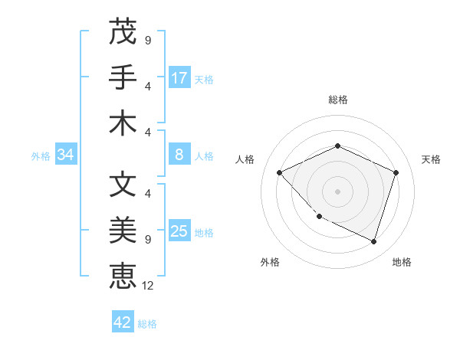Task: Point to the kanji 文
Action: point(123,185)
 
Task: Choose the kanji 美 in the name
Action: point(123,230)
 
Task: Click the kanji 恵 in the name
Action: point(123,275)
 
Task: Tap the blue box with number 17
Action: point(179,78)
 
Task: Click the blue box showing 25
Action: point(179,231)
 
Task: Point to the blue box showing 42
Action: point(123,322)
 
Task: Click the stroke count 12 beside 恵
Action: point(148,286)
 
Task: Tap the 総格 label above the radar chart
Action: point(337,100)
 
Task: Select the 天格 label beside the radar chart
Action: point(431,159)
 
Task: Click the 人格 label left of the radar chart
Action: point(245,159)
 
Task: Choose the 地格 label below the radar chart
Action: point(402,262)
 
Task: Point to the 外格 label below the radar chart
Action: point(270,262)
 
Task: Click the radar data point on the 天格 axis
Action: point(396,172)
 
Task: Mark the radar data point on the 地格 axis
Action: point(373,241)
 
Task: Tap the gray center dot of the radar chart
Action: point(337,191)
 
